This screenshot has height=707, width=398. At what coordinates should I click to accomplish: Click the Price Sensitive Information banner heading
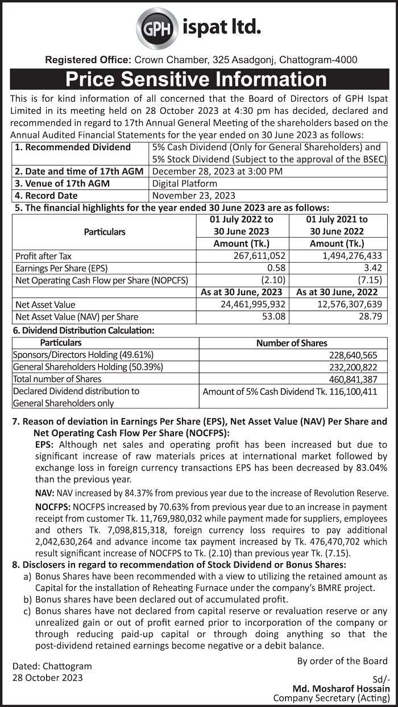[x=196, y=78]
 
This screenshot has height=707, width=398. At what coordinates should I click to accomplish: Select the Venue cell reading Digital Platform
[x=185, y=183]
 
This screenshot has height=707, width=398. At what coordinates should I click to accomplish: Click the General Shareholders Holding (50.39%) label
[x=88, y=367]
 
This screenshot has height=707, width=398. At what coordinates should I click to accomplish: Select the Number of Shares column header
[x=292, y=342]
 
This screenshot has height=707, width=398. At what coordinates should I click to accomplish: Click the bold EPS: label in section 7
[x=44, y=444]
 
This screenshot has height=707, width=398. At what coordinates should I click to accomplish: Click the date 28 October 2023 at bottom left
[x=48, y=677]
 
